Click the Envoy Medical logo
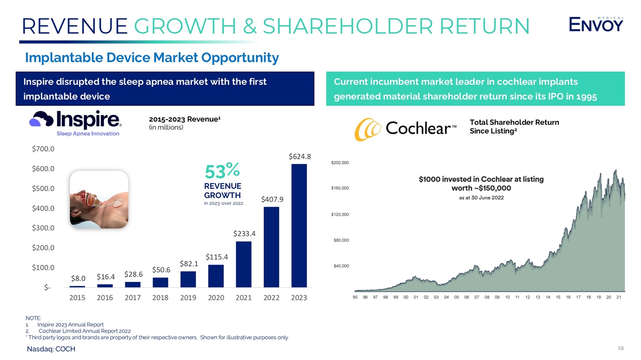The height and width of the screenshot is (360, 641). click(x=596, y=25)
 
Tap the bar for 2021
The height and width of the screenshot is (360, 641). click(x=244, y=264)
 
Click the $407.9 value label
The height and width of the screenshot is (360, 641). click(x=272, y=199)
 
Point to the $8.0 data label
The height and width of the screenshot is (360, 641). click(x=78, y=278)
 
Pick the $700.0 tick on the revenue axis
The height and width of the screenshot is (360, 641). click(x=43, y=149)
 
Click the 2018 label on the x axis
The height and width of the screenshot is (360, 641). click(x=160, y=298)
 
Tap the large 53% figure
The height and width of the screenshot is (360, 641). click(x=222, y=171)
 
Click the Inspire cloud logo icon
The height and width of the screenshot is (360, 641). click(x=41, y=119)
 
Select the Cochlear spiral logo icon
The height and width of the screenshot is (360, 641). click(x=368, y=129)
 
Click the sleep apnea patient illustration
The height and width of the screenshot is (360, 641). click(x=99, y=199)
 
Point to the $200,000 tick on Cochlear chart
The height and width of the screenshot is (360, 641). click(x=340, y=163)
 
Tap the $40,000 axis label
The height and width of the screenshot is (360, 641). click(x=341, y=266)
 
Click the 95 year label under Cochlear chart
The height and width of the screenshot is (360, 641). click(x=355, y=297)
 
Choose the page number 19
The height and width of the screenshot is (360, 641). click(x=620, y=348)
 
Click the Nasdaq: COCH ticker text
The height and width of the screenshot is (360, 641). click(x=51, y=349)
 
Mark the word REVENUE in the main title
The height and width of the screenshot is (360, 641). click(x=75, y=26)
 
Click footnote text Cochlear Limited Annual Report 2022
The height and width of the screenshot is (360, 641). click(x=85, y=331)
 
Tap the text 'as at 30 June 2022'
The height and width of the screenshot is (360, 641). click(x=481, y=198)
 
